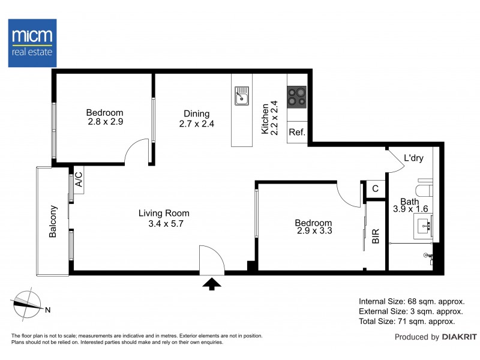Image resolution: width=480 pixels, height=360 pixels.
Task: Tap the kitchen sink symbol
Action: coord(242,96)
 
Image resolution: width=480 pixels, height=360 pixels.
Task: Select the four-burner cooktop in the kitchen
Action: coord(296,96)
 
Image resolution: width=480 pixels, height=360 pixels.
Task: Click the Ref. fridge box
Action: coord(296,133)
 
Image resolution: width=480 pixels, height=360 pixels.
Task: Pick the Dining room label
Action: coord(196,114)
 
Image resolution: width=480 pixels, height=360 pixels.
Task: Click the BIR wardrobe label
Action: coord(376,236)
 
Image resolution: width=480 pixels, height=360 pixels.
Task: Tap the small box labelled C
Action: coord(375,188)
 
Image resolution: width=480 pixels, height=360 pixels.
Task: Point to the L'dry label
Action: coord(413,159)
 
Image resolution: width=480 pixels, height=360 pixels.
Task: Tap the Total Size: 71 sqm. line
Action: coord(411,322)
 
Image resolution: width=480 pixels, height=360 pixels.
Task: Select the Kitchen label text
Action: coord(265,119)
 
